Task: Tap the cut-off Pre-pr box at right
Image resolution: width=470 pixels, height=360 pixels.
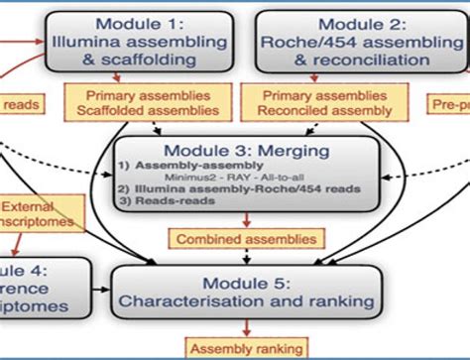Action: pos(451,103)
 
